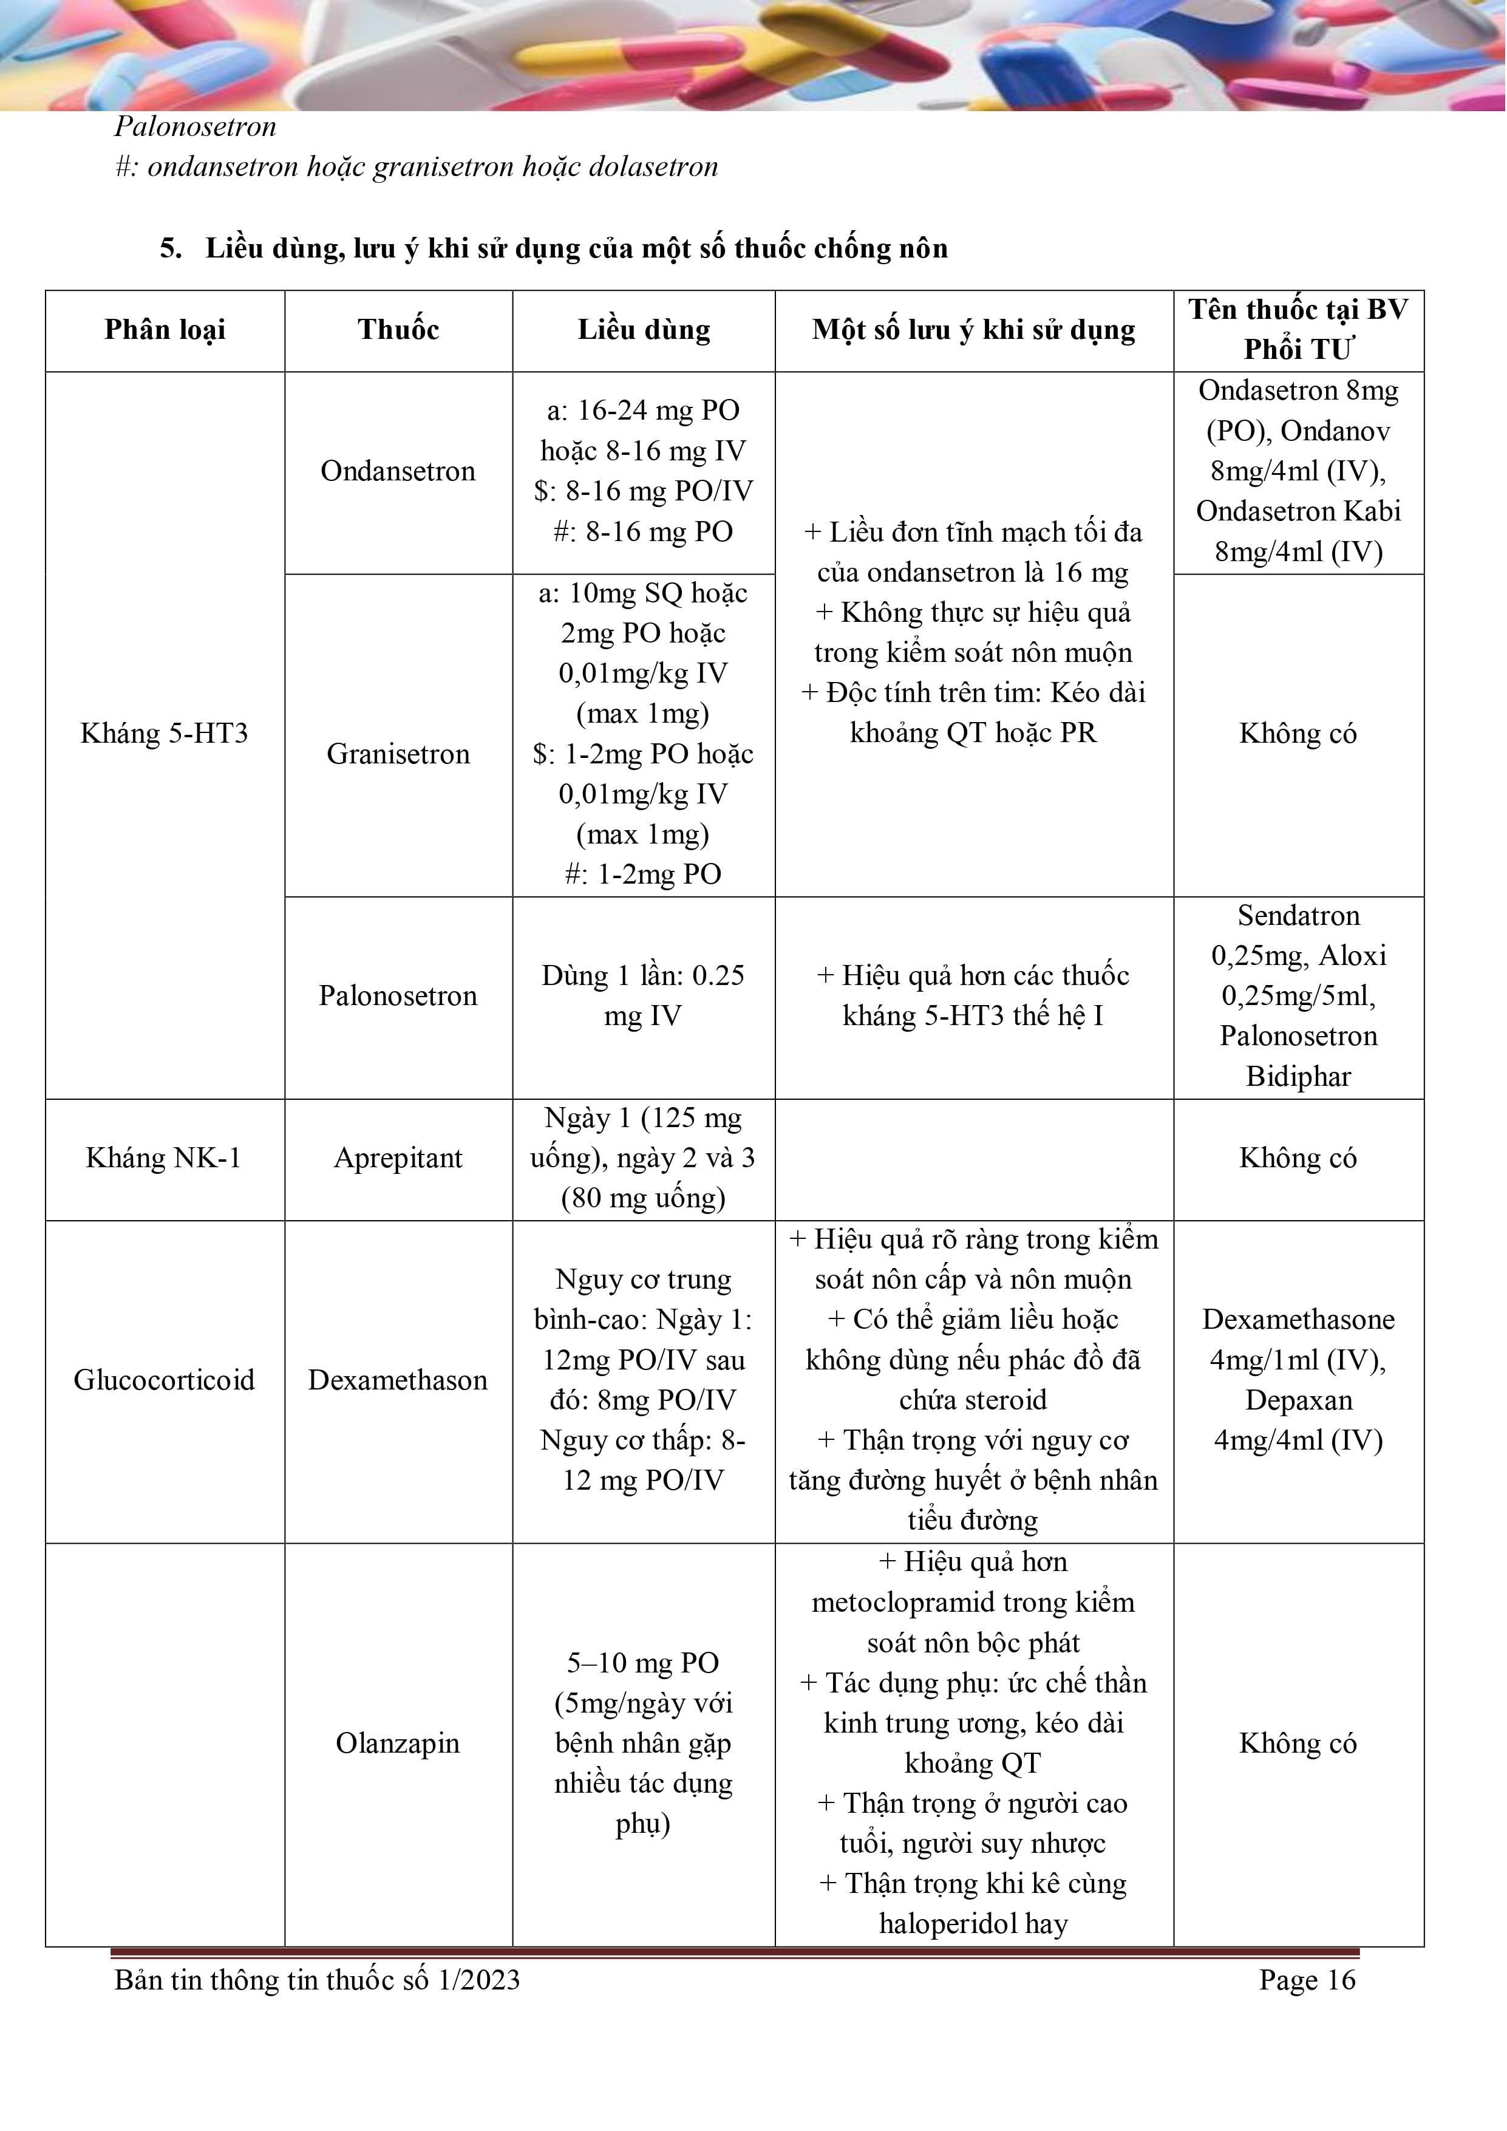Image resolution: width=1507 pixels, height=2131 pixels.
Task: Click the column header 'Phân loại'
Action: (165, 330)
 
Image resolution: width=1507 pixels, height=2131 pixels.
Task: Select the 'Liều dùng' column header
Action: (644, 330)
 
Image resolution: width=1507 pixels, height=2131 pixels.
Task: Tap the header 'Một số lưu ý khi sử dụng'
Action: (973, 330)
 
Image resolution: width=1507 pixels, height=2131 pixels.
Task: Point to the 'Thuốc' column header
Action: (398, 330)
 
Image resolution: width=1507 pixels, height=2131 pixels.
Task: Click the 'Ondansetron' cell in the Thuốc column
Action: (398, 471)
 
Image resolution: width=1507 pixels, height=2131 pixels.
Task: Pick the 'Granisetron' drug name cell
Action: (398, 754)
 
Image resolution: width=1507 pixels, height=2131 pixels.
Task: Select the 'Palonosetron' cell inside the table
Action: (398, 996)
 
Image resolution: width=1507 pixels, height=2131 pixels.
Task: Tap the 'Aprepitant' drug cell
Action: (398, 1158)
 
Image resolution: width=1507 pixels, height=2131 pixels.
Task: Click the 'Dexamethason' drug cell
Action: (398, 1380)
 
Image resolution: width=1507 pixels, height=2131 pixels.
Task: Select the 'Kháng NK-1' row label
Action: (165, 1158)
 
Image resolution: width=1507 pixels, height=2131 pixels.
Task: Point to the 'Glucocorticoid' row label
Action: (165, 1380)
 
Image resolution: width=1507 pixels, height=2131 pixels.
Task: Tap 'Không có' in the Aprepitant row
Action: (1298, 1158)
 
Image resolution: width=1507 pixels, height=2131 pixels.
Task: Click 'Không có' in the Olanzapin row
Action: (1298, 1744)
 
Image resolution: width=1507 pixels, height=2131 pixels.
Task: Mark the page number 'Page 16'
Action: (1307, 1980)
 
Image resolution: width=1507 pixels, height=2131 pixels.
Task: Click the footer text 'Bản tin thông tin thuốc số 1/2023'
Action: (318, 1980)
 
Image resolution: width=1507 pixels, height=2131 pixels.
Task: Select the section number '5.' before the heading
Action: (171, 249)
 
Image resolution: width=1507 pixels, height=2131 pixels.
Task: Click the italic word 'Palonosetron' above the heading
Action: (196, 126)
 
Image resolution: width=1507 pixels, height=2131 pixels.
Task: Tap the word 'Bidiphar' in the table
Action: (1298, 1077)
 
